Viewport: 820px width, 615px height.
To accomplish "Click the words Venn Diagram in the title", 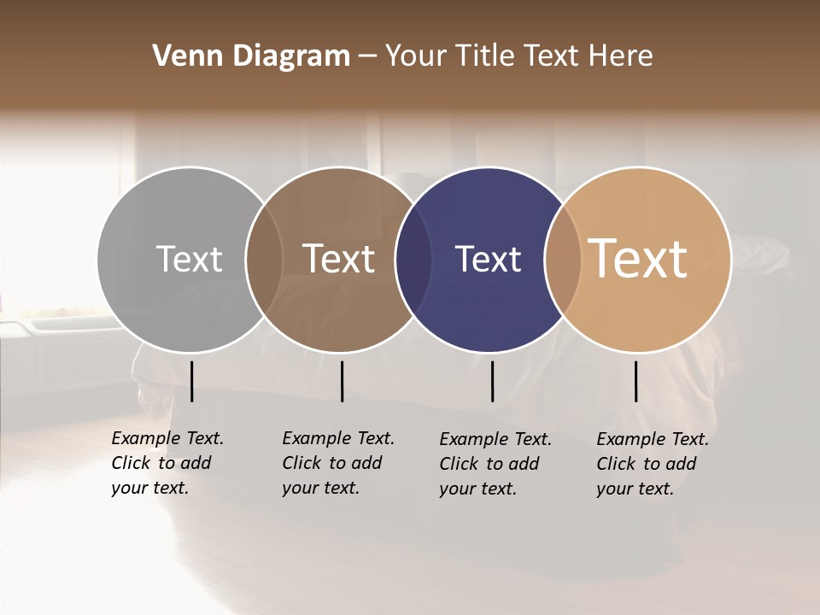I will point(251,56).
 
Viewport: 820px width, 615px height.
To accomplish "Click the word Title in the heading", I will point(486,56).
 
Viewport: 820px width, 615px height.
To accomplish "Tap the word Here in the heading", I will point(620,56).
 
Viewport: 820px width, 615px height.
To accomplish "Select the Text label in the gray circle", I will point(189,259).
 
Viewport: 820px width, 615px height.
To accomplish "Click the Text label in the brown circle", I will point(338,259).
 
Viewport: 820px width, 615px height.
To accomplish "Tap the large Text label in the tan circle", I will point(638,258).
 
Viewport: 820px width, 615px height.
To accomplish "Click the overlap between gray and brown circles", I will point(264,259).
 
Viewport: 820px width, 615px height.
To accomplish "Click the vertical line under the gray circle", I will point(192,381).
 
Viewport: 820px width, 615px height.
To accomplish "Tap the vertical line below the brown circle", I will point(342,381).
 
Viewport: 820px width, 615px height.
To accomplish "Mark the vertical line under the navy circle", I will point(493,381).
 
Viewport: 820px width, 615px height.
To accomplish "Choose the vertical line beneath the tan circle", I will point(636,381).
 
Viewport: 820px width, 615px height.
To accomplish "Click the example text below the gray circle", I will point(167,463).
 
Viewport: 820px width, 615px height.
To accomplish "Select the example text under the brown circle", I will point(338,463).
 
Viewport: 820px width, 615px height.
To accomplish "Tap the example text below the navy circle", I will point(495,464).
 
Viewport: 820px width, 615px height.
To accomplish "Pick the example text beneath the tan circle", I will point(653,464).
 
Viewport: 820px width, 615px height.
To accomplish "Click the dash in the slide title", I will point(367,57).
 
